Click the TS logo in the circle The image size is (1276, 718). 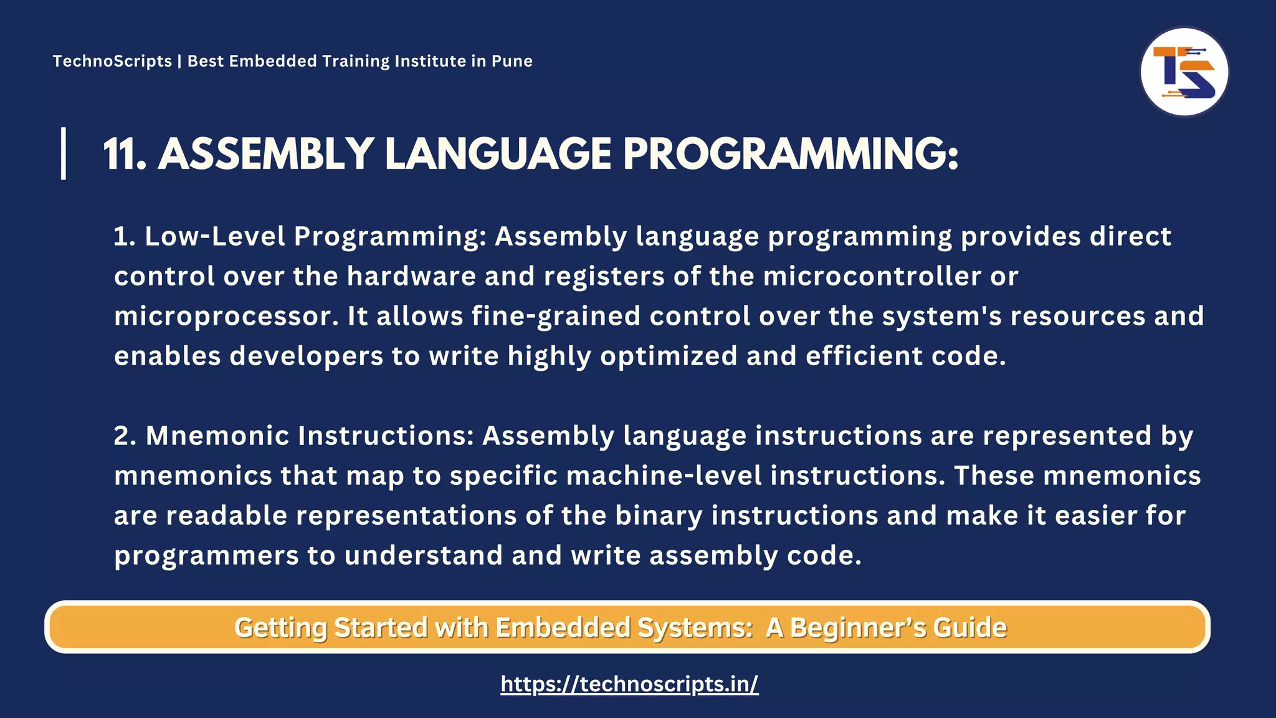point(1184,72)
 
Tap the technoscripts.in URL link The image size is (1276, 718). point(629,684)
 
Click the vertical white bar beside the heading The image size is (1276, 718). point(64,153)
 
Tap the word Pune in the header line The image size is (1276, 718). point(512,61)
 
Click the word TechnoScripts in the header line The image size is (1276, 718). point(112,61)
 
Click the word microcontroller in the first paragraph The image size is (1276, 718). point(872,277)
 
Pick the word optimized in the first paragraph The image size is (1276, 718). point(669,357)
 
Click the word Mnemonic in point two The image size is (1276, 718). point(217,436)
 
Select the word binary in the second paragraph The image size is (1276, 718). point(659,516)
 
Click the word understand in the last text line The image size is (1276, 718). point(423,556)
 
